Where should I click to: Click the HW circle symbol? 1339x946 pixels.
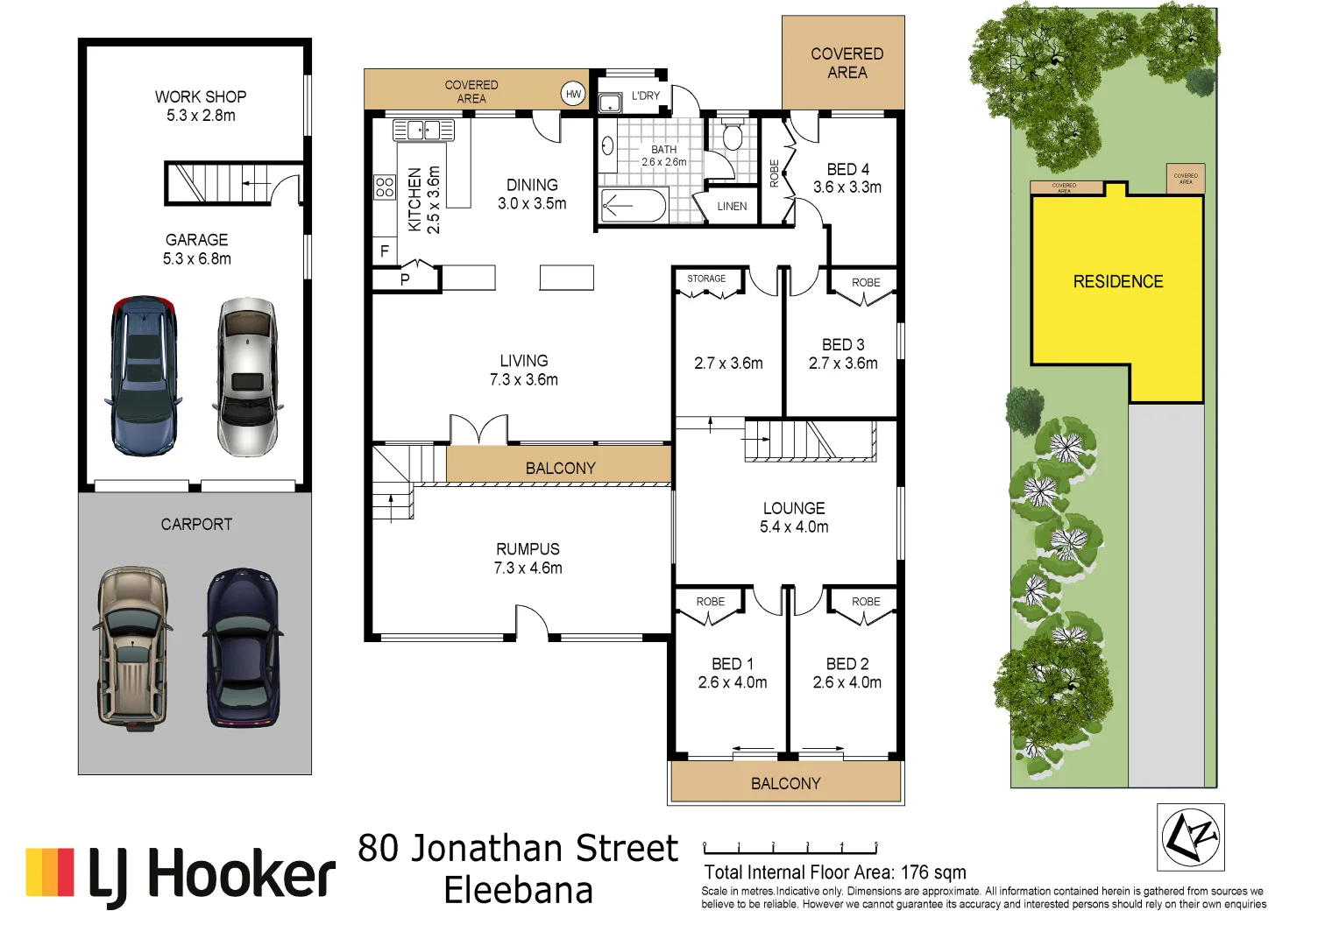573,94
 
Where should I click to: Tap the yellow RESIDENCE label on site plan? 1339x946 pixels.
1117,282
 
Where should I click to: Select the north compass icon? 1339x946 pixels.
1190,837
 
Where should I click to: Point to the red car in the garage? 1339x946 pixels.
144,376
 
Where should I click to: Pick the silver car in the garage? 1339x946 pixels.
247,378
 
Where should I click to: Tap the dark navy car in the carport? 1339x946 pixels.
243,647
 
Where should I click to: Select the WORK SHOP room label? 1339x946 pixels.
201,96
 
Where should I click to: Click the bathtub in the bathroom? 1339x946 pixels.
633,206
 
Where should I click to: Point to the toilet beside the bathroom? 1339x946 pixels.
733,137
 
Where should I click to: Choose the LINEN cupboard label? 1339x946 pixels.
732,207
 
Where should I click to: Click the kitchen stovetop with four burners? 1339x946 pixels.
384,187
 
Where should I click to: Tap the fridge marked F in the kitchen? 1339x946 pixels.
384,251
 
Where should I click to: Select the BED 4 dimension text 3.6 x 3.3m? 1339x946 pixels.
847,187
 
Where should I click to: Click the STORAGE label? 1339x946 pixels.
706,279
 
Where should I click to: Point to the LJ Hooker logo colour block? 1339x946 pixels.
50,872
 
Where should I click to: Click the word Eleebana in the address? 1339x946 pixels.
518,891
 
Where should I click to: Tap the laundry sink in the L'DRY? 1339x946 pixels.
609,103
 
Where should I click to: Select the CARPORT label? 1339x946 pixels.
196,525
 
